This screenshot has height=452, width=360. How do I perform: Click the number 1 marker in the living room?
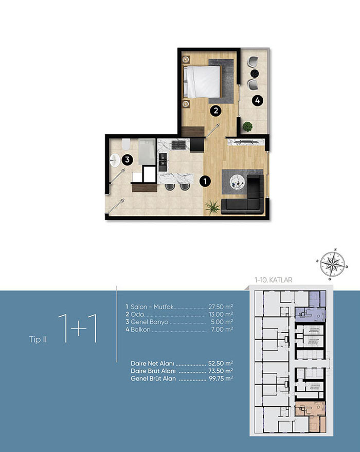(205, 181)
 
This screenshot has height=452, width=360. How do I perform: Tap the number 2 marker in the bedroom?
(215, 111)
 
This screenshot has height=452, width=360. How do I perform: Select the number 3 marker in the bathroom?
(127, 160)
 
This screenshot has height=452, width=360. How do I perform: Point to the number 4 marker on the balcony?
(257, 101)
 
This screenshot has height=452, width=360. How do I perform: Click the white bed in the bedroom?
(202, 82)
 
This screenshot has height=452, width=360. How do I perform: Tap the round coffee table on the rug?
(237, 182)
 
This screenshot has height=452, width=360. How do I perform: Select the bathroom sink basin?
(115, 160)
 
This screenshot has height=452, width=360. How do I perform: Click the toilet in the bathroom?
(126, 144)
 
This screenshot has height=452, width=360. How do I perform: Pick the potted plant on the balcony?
(247, 126)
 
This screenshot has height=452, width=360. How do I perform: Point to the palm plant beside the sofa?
(212, 207)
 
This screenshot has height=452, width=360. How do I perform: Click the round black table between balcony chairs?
(254, 74)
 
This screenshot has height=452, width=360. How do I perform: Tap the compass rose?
(332, 263)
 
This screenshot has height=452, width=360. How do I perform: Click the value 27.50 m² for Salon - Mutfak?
(221, 306)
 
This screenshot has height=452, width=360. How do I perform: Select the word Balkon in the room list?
(140, 330)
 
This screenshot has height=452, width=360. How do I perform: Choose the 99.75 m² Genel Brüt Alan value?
(221, 378)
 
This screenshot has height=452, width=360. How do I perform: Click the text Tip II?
(38, 339)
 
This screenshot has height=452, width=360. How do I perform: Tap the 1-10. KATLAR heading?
(274, 280)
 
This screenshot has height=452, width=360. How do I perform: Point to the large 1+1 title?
(78, 329)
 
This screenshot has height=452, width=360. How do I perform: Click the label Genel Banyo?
(149, 322)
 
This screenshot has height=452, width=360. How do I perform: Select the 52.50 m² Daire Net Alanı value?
(221, 364)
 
